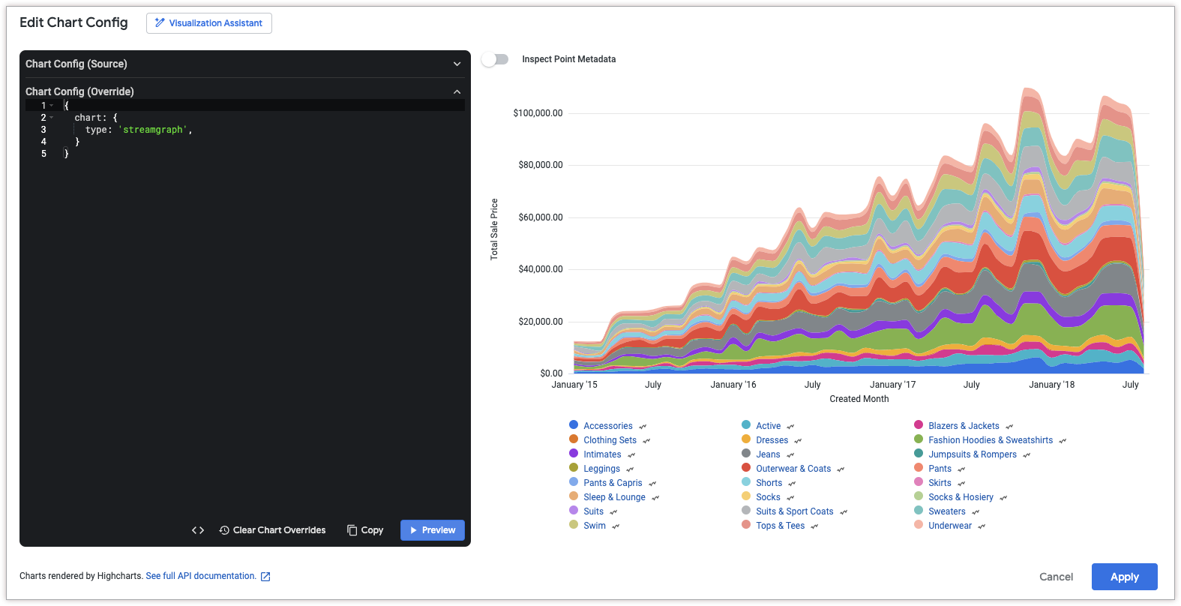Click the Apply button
(1124, 577)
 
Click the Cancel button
(1056, 577)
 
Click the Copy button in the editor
(365, 530)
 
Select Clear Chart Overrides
(272, 530)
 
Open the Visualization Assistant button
(208, 23)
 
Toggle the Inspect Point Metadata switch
(495, 59)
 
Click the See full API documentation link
(201, 576)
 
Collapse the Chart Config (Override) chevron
(457, 91)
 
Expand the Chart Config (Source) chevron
(457, 64)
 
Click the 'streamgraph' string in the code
(153, 130)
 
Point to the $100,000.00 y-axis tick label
(538, 113)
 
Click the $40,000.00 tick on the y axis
(540, 269)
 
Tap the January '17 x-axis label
(892, 385)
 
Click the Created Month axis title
(859, 399)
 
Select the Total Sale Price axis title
(494, 229)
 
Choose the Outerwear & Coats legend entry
(793, 469)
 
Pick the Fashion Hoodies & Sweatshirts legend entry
(990, 440)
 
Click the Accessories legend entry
(607, 426)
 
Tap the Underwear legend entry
(949, 526)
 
